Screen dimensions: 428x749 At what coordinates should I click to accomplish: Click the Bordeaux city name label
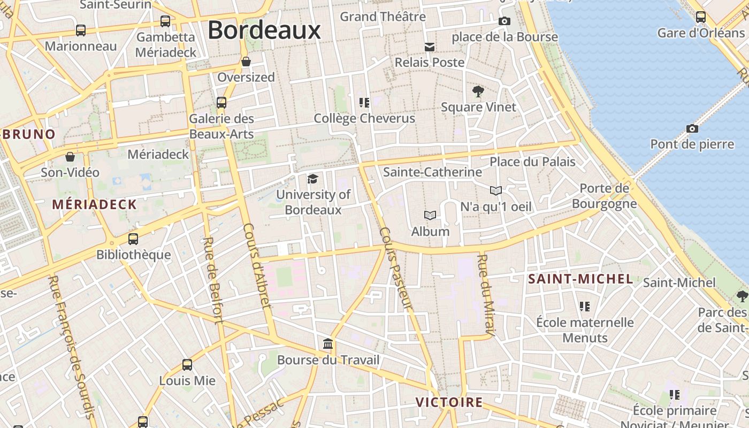click(264, 30)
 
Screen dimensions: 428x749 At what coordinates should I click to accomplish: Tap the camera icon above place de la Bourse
click(504, 21)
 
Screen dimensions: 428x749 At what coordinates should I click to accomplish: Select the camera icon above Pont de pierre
click(692, 129)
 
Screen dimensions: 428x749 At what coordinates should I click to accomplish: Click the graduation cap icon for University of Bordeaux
click(312, 179)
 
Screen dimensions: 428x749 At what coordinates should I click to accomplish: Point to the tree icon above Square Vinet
click(478, 91)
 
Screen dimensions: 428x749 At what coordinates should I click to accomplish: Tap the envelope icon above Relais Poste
click(429, 47)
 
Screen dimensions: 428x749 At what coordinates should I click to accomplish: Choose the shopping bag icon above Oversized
click(246, 62)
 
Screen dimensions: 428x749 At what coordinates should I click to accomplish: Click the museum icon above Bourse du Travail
click(328, 343)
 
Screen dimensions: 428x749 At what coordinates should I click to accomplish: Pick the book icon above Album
click(430, 216)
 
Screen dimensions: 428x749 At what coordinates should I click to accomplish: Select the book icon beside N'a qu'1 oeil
click(496, 190)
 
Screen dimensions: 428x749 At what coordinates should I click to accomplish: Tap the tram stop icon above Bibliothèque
click(133, 239)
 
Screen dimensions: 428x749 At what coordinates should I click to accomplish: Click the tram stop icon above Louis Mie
click(187, 365)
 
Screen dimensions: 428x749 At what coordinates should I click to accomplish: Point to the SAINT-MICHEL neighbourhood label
click(580, 279)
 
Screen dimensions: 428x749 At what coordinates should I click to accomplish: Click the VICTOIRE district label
click(449, 402)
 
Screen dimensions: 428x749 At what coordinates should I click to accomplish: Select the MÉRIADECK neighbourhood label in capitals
click(94, 204)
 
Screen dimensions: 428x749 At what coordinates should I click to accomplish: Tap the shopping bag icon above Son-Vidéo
click(70, 157)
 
